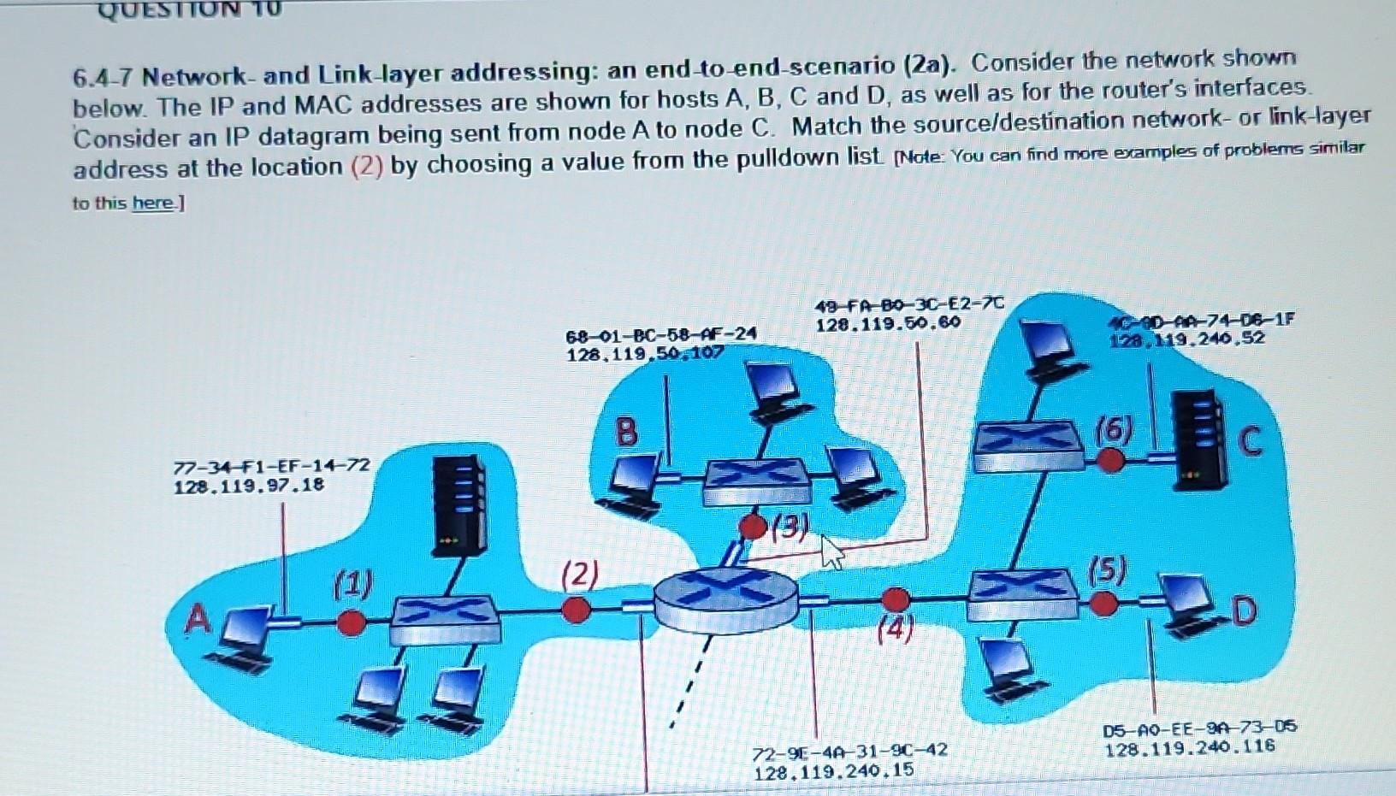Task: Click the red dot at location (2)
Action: tap(577, 610)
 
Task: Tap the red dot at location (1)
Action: tap(350, 622)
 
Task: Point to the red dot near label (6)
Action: tap(1110, 460)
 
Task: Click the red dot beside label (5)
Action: tap(1104, 604)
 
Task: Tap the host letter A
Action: tap(198, 618)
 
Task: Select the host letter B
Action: tap(627, 432)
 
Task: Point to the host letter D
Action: tap(1245, 611)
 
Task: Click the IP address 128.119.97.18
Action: tap(248, 486)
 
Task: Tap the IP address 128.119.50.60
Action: tap(888, 326)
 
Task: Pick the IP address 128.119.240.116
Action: tap(1190, 747)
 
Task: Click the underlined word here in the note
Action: tap(152, 203)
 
